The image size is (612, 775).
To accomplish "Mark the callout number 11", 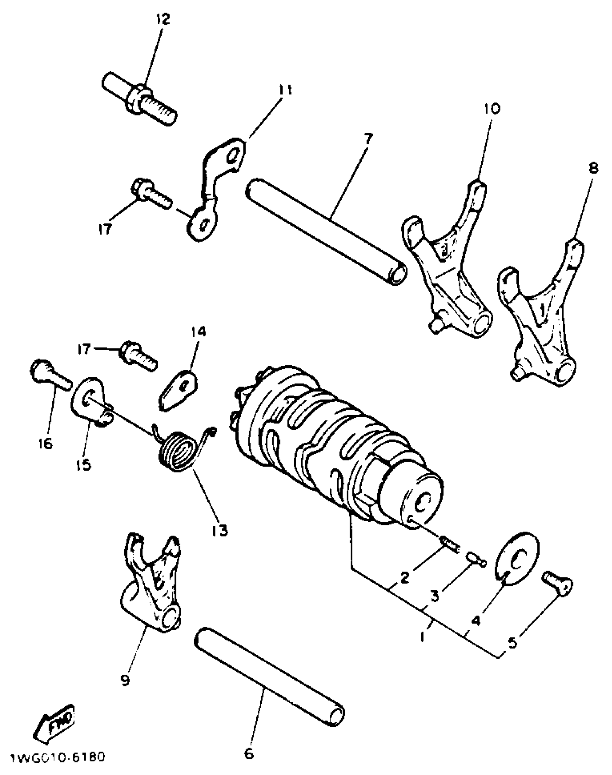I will [285, 91].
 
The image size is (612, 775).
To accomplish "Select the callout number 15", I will [84, 465].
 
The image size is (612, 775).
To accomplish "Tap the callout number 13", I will [220, 530].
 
